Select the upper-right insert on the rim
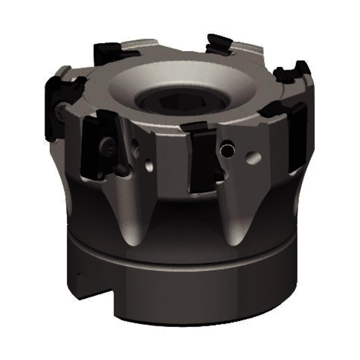pyautogui.click(x=290, y=73)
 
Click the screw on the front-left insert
pyautogui.click(x=108, y=146)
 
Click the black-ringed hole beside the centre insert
pyautogui.click(x=228, y=149)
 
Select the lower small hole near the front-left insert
pyautogui.click(x=149, y=165)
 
